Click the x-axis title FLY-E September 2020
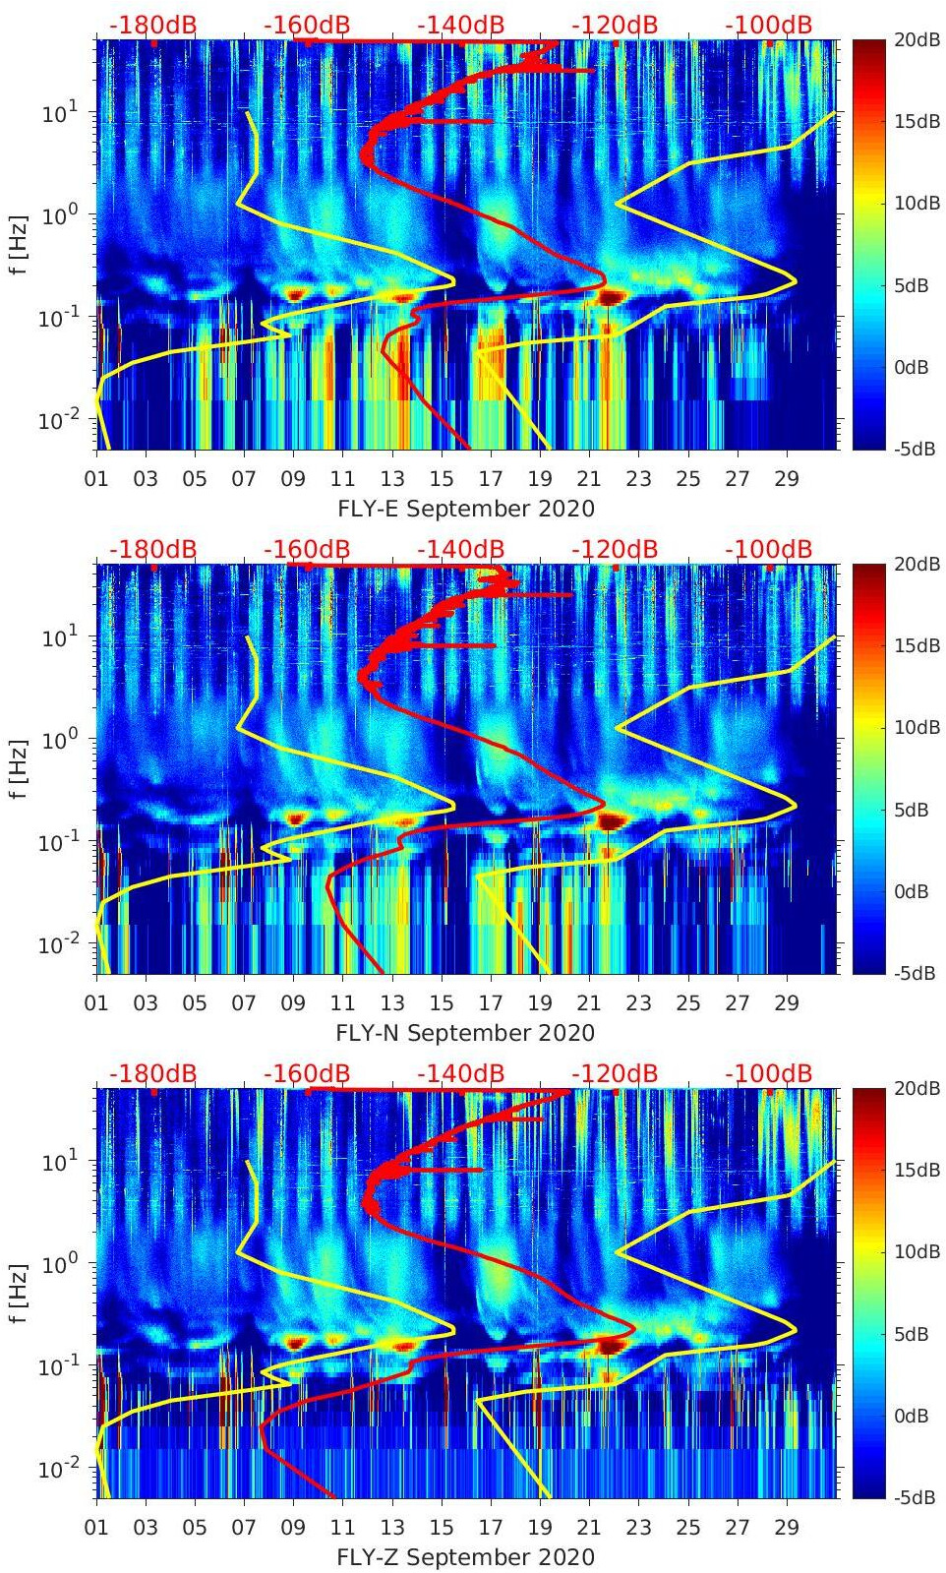coord(465,509)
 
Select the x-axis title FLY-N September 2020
coord(465,1033)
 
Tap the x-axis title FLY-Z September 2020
coord(465,1557)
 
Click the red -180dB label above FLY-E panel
coord(152,26)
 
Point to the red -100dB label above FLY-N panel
coord(769,550)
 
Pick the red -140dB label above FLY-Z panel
coord(460,1074)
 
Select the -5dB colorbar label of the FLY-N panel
coord(912,973)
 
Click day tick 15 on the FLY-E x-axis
coord(442,479)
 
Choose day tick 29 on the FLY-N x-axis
coord(786,1003)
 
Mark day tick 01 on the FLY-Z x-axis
coord(96,1528)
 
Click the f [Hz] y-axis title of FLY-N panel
coord(18,769)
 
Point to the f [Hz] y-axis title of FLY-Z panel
coord(18,1294)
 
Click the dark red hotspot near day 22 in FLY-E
coord(612,297)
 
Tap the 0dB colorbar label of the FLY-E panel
coord(913,367)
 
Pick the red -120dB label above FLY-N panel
coord(615,550)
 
